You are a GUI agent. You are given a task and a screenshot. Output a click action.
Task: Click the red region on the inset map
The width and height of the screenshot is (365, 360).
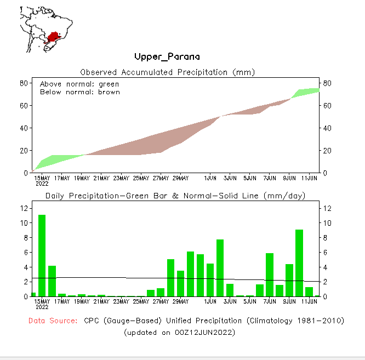point(54,37)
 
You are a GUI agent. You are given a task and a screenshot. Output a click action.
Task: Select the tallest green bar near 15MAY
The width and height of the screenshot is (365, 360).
point(42,255)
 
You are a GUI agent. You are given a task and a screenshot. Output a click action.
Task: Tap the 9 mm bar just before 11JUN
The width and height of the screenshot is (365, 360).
point(299,263)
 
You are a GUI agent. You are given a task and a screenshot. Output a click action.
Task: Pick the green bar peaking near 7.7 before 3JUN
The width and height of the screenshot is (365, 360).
point(220,268)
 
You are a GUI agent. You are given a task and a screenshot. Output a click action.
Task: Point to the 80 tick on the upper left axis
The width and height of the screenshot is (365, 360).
point(24,83)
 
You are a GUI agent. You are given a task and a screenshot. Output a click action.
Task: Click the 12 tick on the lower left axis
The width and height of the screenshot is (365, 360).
point(24,208)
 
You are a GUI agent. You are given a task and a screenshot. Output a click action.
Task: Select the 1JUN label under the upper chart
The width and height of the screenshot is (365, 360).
point(210,178)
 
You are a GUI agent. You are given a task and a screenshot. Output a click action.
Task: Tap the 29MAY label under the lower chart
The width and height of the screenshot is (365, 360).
point(180,301)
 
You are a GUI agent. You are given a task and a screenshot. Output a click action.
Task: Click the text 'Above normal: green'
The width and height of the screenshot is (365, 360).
point(79,84)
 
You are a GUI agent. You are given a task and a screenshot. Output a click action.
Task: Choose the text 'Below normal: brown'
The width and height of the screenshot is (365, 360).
point(79,92)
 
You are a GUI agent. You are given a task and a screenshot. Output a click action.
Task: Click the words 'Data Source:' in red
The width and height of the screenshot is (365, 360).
point(53,321)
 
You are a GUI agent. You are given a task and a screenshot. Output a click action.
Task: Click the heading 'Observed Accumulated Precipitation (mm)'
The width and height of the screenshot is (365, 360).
point(168,72)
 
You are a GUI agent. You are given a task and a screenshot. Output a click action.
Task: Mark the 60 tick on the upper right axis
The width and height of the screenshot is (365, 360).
point(327,105)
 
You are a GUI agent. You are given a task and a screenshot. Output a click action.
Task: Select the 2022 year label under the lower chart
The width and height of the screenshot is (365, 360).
point(42,307)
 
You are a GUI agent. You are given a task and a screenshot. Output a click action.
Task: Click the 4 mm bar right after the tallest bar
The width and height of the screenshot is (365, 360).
point(52,281)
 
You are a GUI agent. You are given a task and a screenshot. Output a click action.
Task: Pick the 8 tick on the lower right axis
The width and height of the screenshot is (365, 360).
point(325,238)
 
